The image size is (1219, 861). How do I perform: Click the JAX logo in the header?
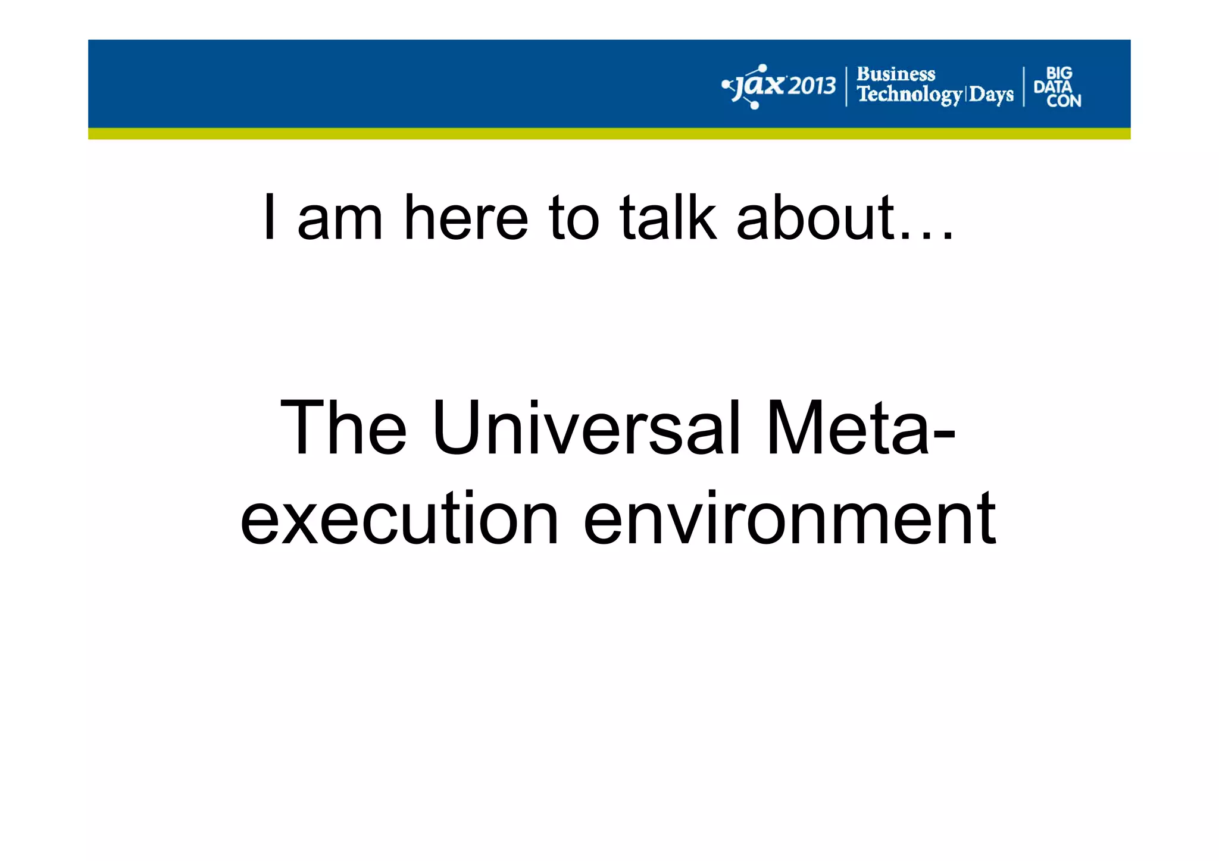(753, 87)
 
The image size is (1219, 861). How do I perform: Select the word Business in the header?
(895, 74)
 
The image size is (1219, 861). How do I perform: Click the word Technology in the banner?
(909, 95)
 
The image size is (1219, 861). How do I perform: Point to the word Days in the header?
(991, 95)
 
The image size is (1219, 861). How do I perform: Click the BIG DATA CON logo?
(1057, 87)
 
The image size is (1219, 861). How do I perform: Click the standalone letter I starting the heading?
(270, 218)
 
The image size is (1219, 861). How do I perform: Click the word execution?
(399, 518)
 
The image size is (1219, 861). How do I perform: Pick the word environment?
(789, 518)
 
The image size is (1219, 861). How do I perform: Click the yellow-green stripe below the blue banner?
(609, 134)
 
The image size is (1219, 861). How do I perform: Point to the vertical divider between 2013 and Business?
(846, 87)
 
